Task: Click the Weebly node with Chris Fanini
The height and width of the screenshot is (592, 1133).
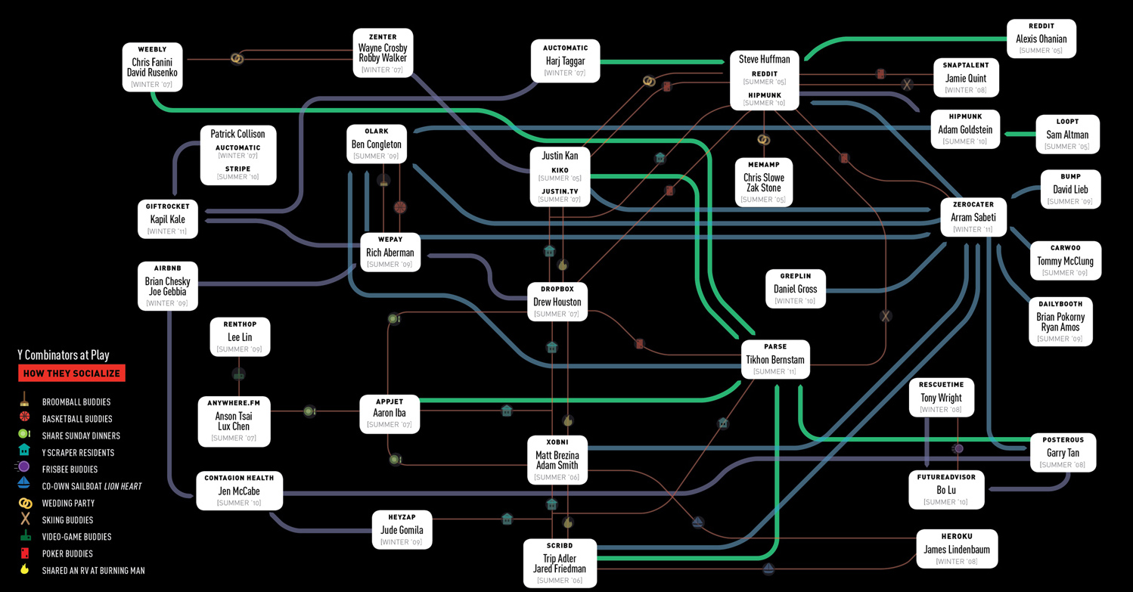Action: [154, 67]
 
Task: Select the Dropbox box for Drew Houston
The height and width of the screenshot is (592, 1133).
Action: [557, 302]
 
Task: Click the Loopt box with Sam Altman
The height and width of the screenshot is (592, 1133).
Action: [1066, 134]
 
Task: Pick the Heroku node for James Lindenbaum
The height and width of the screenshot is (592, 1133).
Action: [956, 549]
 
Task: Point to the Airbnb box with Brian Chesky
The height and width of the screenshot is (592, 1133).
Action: [168, 286]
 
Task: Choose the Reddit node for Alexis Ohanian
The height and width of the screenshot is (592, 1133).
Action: [1041, 39]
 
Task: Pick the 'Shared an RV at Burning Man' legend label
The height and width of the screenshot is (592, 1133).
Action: [94, 571]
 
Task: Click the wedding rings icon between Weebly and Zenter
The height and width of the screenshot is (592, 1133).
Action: [237, 58]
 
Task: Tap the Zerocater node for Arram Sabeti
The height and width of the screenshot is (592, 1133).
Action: [973, 217]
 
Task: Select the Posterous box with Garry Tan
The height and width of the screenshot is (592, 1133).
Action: [1063, 452]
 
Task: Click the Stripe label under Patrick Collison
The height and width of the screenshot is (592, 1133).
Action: [237, 169]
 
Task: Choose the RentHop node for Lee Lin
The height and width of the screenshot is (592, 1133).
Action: [240, 336]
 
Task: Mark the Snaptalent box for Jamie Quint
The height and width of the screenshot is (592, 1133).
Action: [965, 78]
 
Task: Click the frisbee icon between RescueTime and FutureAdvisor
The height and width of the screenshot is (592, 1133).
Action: [958, 448]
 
